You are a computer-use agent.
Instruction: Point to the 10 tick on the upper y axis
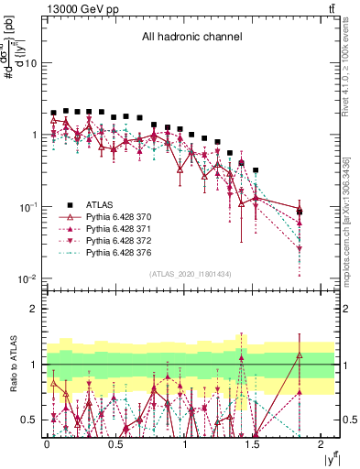[x=30, y=63]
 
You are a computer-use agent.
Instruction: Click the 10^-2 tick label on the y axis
[x=27, y=278]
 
